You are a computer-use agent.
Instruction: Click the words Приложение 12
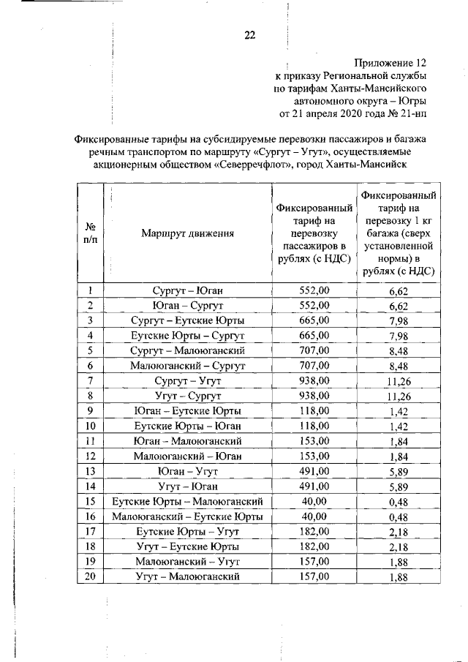pyautogui.click(x=390, y=63)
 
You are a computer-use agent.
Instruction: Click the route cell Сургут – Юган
pyautogui.click(x=188, y=290)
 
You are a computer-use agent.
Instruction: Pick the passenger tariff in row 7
pyautogui.click(x=315, y=381)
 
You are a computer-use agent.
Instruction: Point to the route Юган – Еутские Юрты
pyautogui.click(x=188, y=411)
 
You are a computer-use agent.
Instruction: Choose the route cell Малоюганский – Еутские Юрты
pyautogui.click(x=188, y=516)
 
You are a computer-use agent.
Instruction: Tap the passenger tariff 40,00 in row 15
pyautogui.click(x=315, y=502)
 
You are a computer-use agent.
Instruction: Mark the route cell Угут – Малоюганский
pyautogui.click(x=188, y=577)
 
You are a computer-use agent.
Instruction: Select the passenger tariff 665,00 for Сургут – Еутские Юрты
pyautogui.click(x=315, y=320)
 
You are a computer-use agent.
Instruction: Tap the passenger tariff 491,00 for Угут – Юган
pyautogui.click(x=315, y=486)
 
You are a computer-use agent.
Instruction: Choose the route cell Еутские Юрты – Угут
pyautogui.click(x=188, y=532)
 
